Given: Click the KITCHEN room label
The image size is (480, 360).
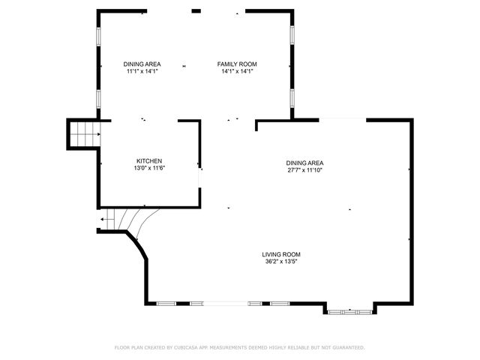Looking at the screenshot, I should tap(148, 161).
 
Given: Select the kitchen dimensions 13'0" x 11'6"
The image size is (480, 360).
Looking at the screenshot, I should tap(148, 169).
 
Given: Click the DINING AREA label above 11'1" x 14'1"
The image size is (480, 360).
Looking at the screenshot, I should tap(142, 64).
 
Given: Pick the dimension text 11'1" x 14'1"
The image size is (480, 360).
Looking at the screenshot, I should tap(142, 72).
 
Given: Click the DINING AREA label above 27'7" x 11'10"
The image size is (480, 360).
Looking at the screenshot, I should tap(304, 163).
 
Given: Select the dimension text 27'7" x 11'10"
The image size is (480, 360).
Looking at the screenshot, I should tap(304, 170).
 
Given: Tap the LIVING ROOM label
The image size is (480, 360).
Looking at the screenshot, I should tap(281, 254).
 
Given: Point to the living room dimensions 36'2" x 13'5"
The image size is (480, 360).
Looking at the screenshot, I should tap(281, 262).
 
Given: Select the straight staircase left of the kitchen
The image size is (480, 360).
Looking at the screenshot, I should tap(84, 134).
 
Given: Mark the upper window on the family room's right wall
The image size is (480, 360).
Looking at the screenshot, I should tap(292, 36).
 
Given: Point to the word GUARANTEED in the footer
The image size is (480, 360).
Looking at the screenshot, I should tap(346, 348).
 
